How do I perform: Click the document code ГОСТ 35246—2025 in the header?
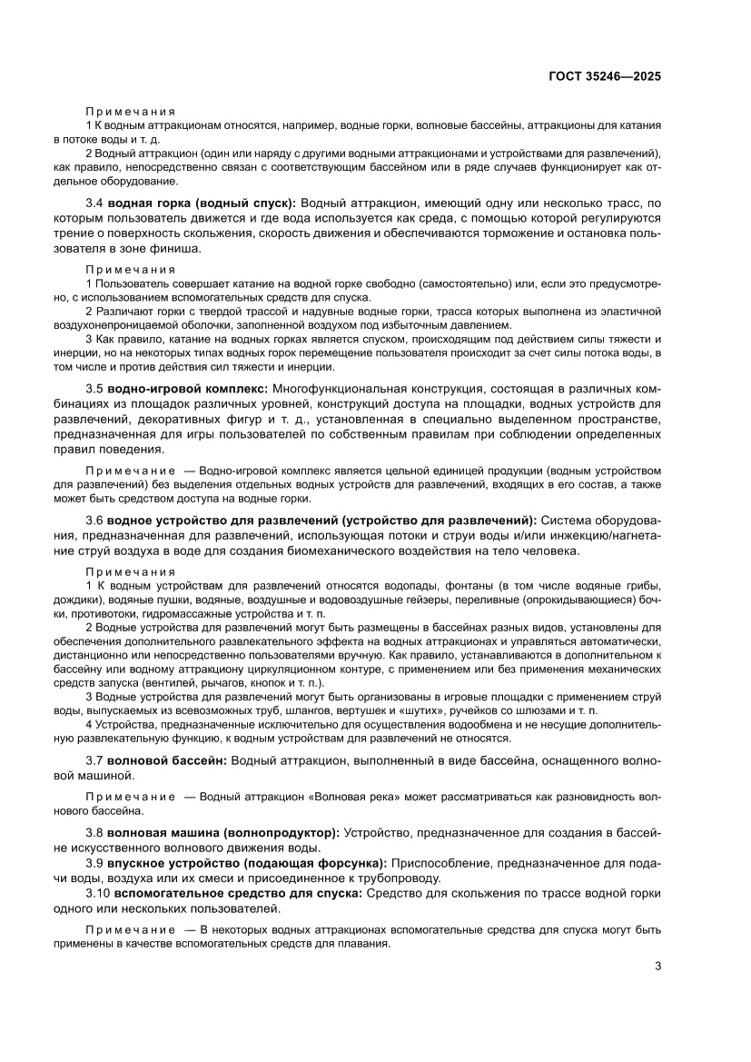click(604, 76)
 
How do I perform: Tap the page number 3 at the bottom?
click(657, 966)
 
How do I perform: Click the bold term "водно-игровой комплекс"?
click(187, 388)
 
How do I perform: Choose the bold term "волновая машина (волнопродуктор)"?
click(223, 831)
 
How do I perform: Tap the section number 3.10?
click(98, 893)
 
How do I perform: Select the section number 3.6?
click(94, 520)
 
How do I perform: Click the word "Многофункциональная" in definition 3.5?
click(350, 388)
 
